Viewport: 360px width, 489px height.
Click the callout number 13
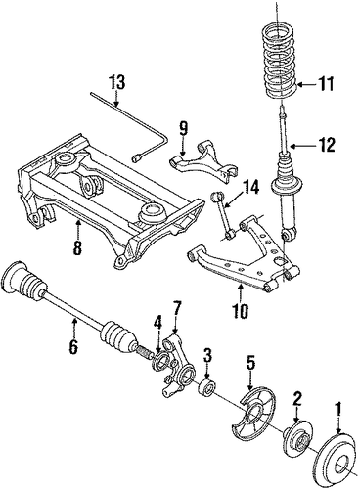coord(117,83)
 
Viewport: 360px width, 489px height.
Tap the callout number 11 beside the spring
coord(326,84)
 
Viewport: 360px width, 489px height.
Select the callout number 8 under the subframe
coord(77,247)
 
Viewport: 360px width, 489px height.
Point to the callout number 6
coord(73,346)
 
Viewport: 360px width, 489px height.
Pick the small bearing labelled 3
coord(207,387)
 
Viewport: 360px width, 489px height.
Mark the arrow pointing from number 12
coord(300,146)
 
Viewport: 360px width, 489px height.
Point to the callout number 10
coord(241,311)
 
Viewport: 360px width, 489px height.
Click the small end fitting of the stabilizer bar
coord(136,158)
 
